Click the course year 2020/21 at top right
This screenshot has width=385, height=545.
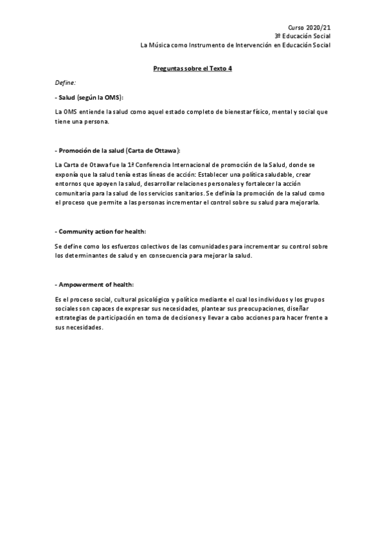pos(319,28)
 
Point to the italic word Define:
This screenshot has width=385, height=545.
pos(66,82)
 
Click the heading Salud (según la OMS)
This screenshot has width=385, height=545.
pos(90,97)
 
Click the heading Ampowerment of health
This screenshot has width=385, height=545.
pos(96,285)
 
